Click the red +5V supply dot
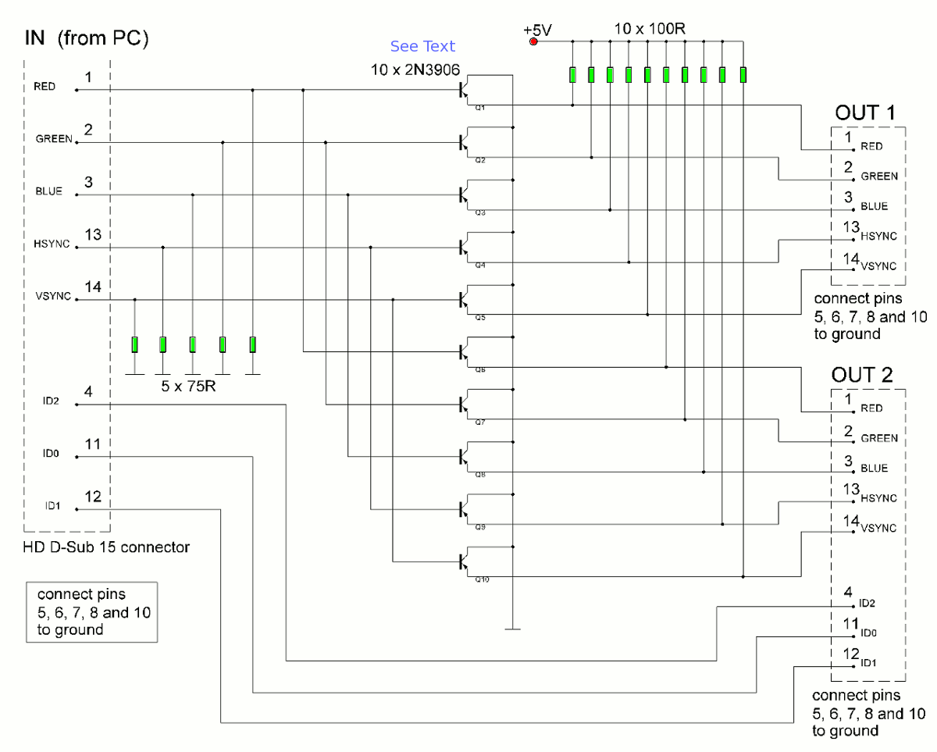click(534, 41)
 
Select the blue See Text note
click(422, 47)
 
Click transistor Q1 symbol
click(466, 91)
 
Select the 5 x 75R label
click(184, 386)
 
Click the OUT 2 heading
click(866, 375)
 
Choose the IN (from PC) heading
click(85, 37)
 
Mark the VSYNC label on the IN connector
click(53, 298)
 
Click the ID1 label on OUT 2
click(869, 664)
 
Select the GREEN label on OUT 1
click(878, 176)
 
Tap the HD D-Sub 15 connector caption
click(106, 547)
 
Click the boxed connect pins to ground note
click(92, 612)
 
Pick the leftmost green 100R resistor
click(573, 75)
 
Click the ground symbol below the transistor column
click(513, 627)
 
